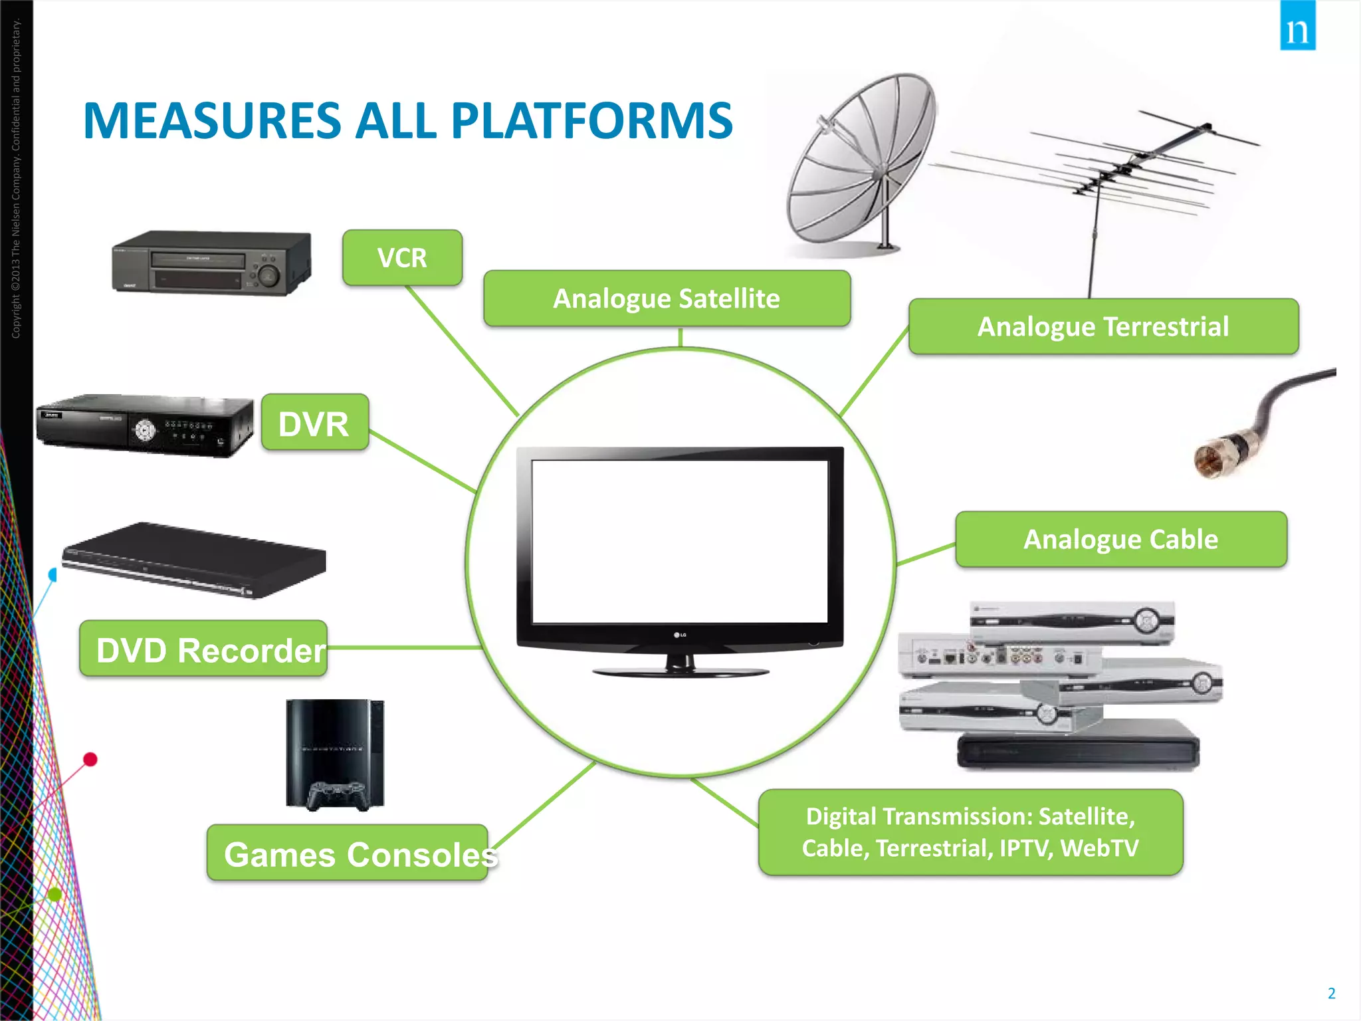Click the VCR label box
coord(402,258)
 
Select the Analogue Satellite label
coord(667,298)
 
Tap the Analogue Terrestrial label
coord(1103,326)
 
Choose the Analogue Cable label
coord(1120,539)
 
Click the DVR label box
coord(314,423)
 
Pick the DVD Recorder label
coord(203,649)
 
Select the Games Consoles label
coord(348,853)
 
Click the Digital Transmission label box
coord(970,832)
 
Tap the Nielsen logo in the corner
coord(1297,27)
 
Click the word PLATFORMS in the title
coord(591,121)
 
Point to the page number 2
coord(1331,994)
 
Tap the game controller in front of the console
coord(337,795)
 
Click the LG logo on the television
coord(680,635)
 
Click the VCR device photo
coord(211,263)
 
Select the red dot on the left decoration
coord(90,759)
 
